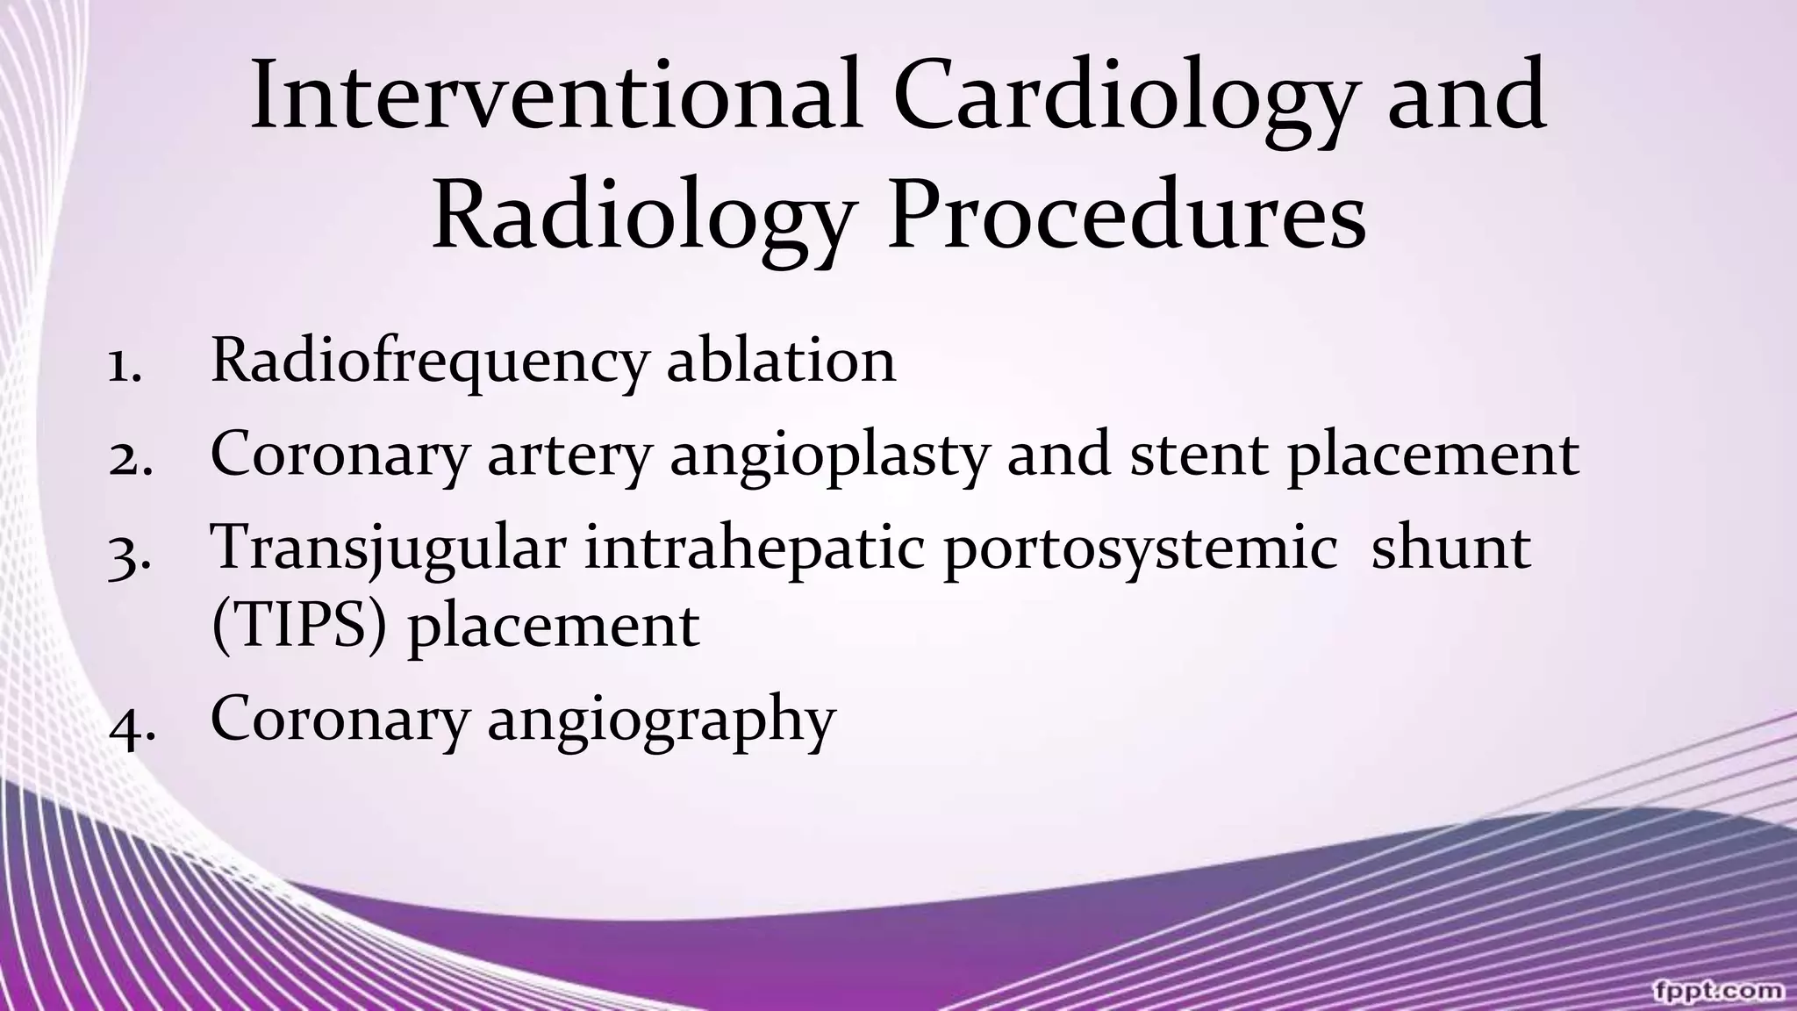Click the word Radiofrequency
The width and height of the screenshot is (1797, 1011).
coord(429,362)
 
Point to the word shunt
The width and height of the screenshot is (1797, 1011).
coord(1450,548)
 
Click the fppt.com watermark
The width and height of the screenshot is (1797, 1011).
coord(1717,989)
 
